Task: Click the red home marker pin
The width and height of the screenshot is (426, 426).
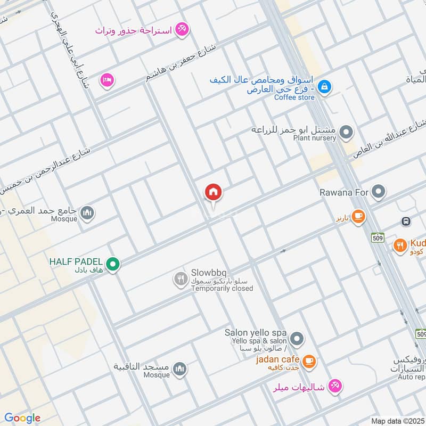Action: [x=214, y=193]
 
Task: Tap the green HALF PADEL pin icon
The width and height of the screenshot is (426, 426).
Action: [x=112, y=264]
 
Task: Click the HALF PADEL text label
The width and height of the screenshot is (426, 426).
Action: [x=76, y=261]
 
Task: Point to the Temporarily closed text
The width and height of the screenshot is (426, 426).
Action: [x=222, y=289]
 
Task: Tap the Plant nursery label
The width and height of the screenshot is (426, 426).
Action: [x=314, y=138]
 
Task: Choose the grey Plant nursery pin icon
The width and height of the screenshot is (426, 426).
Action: [x=347, y=132]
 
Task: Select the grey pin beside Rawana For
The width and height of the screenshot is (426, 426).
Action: [x=379, y=191]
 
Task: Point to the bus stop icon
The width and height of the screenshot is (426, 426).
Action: [x=406, y=221]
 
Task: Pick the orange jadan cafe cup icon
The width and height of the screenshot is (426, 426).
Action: [x=309, y=363]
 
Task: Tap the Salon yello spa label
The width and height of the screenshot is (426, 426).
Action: [x=256, y=332]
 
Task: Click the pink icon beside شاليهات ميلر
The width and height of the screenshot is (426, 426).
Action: [x=334, y=386]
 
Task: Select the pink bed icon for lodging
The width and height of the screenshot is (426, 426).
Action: [x=108, y=81]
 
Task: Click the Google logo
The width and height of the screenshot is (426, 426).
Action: [x=22, y=418]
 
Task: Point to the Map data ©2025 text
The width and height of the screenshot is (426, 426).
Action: [x=397, y=421]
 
